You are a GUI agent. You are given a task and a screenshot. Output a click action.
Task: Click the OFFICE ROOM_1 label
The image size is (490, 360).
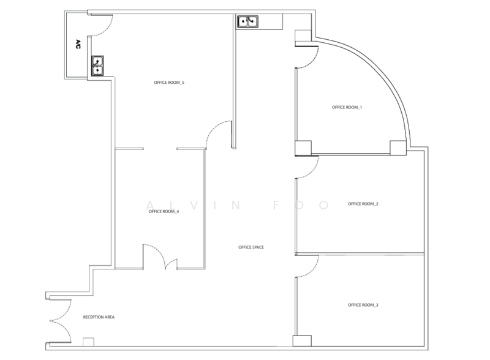click(x=347, y=107)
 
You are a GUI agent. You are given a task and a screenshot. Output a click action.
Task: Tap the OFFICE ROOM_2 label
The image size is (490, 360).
click(x=363, y=204)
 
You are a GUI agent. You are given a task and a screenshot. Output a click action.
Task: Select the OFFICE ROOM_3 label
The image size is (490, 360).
click(x=363, y=305)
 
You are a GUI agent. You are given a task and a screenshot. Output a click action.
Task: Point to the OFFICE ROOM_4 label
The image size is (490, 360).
click(x=164, y=212)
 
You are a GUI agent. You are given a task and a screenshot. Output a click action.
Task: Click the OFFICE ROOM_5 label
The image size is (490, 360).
click(x=169, y=83)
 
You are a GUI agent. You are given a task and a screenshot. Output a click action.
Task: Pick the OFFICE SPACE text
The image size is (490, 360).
click(x=251, y=247)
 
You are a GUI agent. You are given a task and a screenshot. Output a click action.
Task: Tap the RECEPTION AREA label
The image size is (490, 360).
click(x=99, y=317)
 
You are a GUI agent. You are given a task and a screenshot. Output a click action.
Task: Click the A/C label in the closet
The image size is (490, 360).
click(x=78, y=44)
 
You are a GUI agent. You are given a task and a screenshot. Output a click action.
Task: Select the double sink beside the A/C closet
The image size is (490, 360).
click(x=97, y=66)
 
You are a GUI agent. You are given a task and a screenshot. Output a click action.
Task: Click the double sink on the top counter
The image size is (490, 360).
click(x=248, y=21)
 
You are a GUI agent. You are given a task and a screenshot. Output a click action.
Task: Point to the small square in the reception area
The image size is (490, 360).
click(x=88, y=342)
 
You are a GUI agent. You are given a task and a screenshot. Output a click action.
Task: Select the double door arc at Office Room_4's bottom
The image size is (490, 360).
click(x=160, y=256)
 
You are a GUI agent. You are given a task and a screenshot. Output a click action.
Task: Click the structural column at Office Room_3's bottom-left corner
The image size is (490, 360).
click(x=302, y=340)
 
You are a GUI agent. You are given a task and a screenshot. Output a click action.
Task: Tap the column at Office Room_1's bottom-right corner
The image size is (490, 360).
click(x=398, y=148)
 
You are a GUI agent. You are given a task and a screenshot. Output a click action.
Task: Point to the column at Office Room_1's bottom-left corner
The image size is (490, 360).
click(x=303, y=148)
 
